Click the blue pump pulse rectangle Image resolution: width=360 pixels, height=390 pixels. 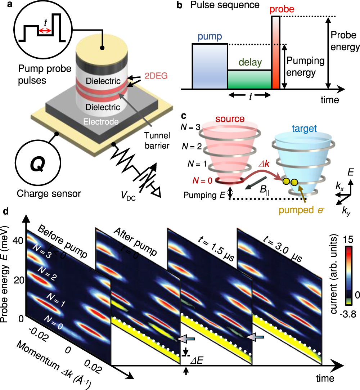pos(210,66)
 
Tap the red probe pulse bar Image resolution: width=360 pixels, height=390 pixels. pos(276,52)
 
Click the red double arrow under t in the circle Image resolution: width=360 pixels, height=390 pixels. pos(45,31)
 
